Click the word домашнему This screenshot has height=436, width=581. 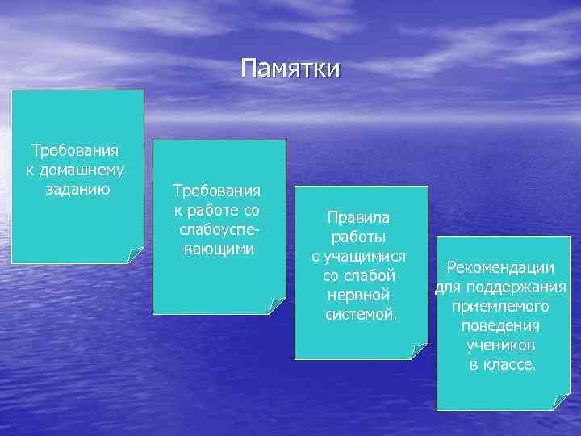tap(86, 170)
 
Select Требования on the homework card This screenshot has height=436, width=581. tap(75, 150)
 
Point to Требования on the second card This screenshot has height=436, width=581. tap(217, 191)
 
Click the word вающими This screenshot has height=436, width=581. tap(219, 249)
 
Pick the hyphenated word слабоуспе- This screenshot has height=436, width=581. tap(219, 230)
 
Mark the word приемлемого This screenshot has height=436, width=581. tap(500, 307)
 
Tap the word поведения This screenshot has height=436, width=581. tap(500, 326)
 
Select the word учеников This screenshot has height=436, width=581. tap(500, 346)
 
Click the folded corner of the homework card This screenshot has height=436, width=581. tap(136, 255)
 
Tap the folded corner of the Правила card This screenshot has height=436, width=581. tap(419, 351)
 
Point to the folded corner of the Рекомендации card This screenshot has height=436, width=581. tap(560, 402)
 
